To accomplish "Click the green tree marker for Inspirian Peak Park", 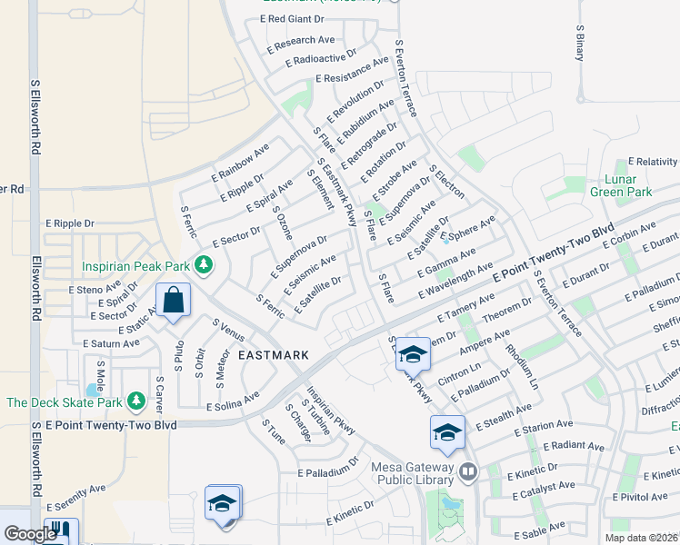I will click(205, 265).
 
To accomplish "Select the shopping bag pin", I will click(173, 301).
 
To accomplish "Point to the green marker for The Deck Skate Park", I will click(135, 400).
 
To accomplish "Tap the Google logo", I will click(29, 534).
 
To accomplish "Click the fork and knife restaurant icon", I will click(61, 531).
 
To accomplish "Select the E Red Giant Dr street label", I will click(292, 18).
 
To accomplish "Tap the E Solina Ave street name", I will click(233, 401).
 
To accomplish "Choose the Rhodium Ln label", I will click(522, 367).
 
